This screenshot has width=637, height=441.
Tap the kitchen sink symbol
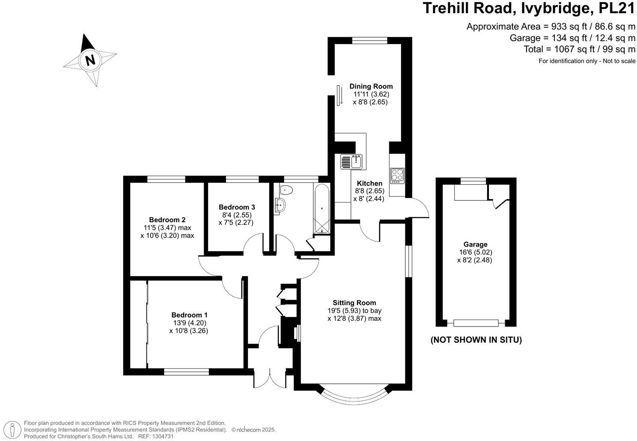351,162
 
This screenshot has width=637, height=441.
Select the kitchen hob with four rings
397,175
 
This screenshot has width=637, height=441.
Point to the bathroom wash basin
280,205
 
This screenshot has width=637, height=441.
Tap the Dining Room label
371,86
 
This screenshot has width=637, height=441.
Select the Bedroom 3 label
237,207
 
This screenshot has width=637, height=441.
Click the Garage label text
475,244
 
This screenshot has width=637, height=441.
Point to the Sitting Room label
354,303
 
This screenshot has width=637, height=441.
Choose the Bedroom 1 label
189,315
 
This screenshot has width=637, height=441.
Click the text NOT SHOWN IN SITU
476,340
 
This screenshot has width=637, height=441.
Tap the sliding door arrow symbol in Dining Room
339,95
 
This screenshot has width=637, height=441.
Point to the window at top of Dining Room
369,41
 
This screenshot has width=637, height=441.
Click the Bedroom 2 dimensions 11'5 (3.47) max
167,228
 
